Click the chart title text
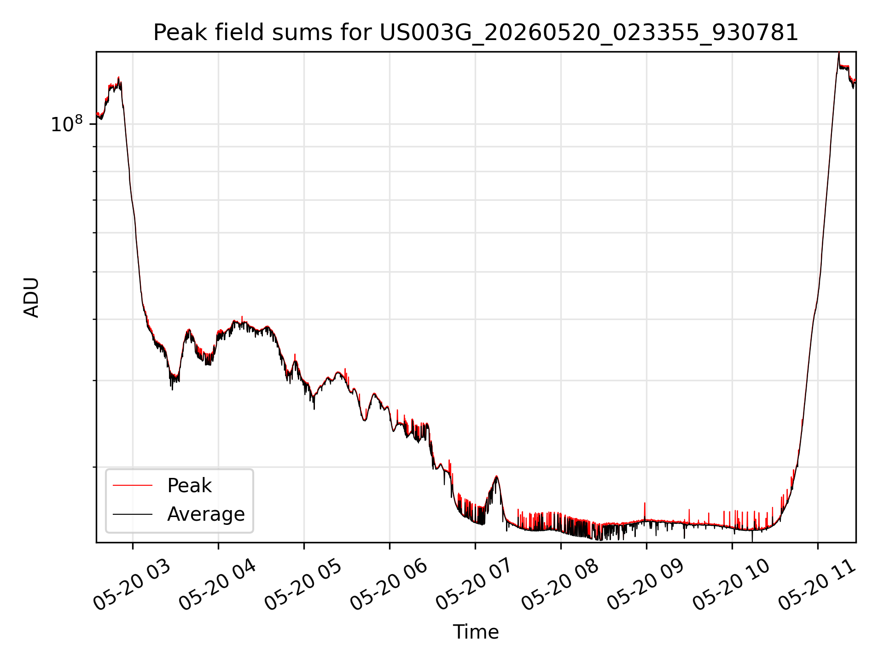point(476,33)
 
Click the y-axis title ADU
point(31,297)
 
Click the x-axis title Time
point(476,632)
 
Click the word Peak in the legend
point(189,486)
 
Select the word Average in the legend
point(206,514)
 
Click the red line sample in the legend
point(133,485)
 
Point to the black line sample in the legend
point(133,514)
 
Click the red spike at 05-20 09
point(645,511)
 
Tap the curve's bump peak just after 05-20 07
point(496,477)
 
